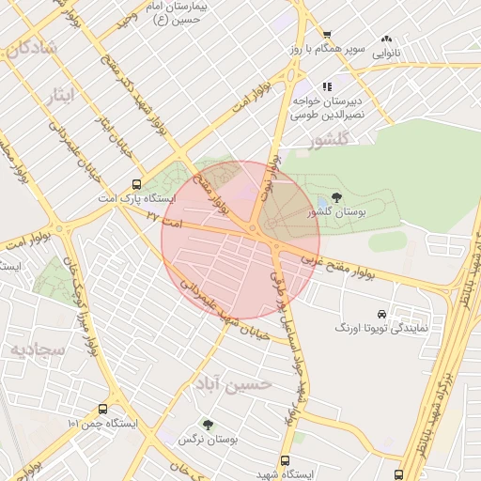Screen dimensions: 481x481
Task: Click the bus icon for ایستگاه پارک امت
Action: (x=137, y=185)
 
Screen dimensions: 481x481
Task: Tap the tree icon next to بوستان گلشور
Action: (x=336, y=198)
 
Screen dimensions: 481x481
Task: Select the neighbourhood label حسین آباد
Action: (x=235, y=383)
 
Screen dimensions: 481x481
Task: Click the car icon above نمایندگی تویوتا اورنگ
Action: (x=380, y=313)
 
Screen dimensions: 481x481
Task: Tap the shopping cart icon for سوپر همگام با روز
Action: (x=327, y=36)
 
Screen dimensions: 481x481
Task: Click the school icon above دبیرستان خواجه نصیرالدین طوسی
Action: (x=327, y=85)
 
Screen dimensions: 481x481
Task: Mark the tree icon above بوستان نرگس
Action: (x=208, y=425)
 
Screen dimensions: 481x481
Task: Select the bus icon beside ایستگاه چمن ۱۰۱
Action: (x=102, y=410)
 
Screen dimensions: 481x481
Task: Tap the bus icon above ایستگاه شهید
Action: (x=286, y=460)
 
